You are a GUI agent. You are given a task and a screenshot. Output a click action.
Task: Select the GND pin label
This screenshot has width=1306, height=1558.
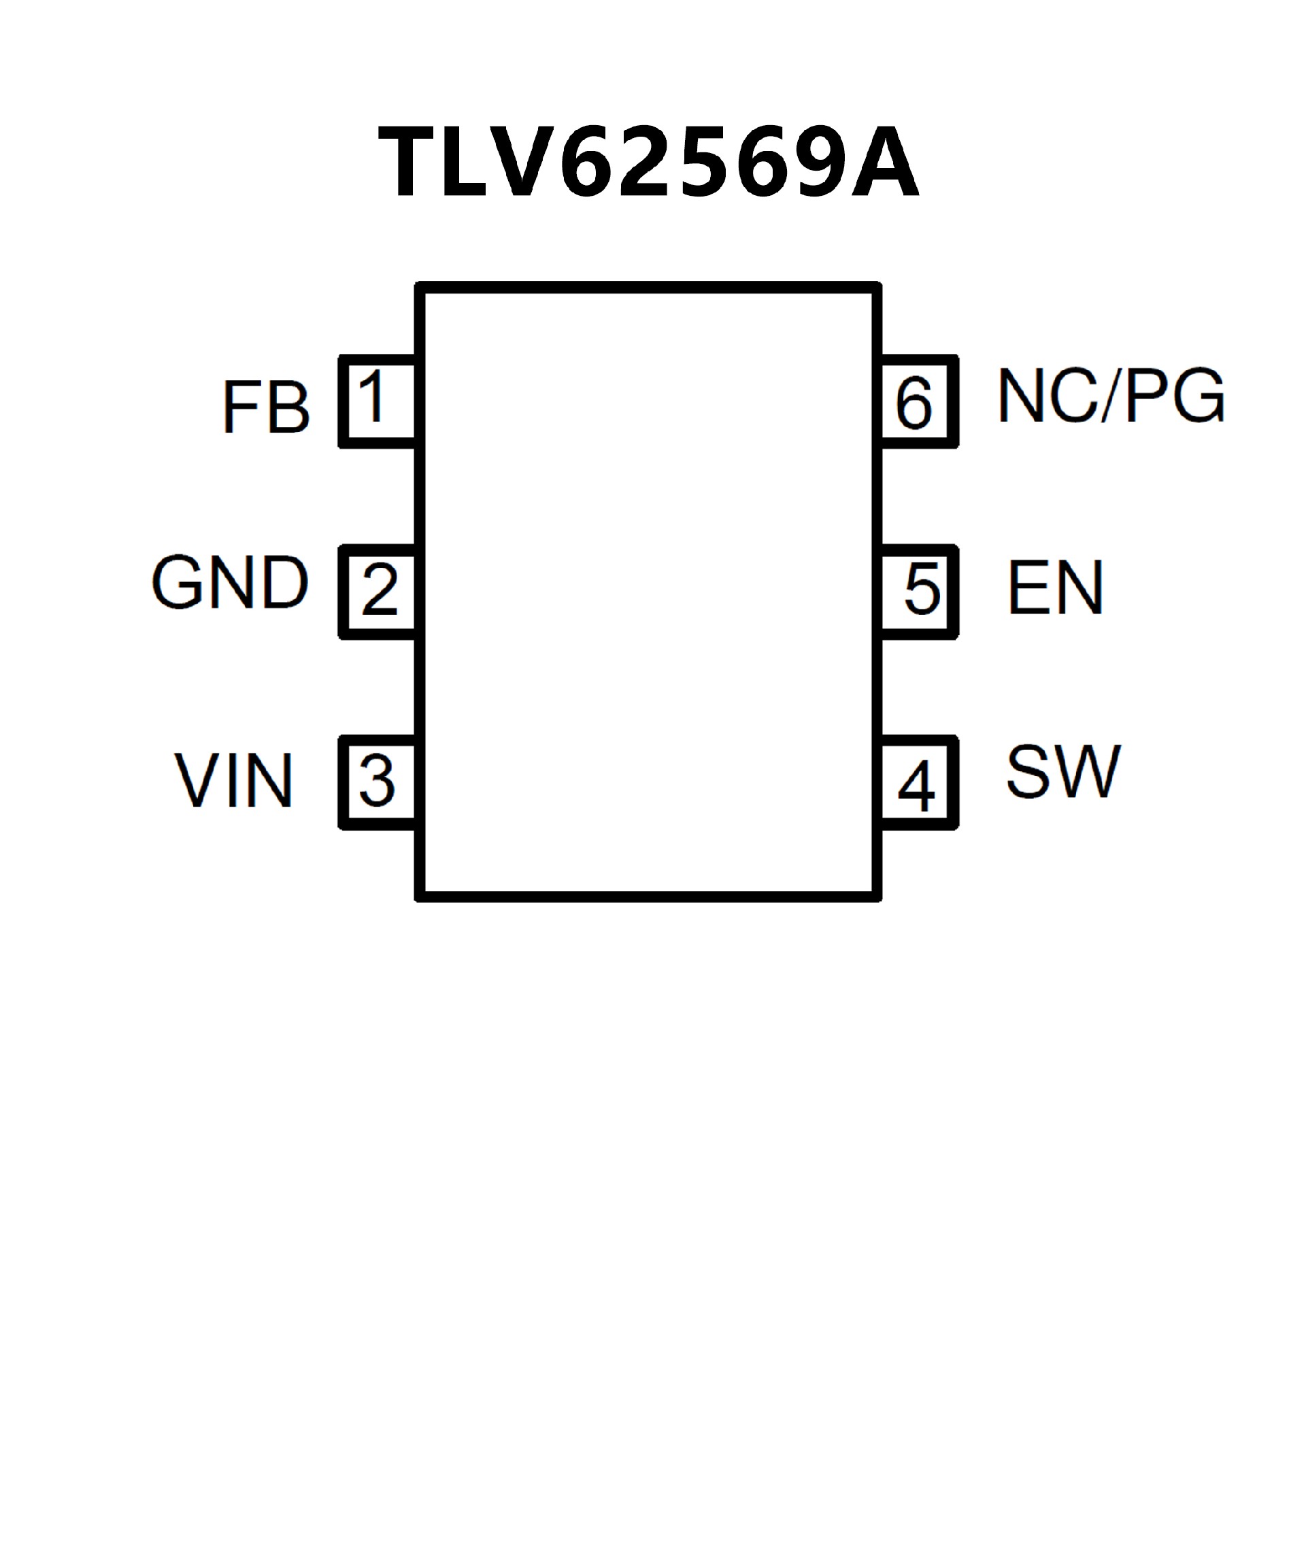(229, 582)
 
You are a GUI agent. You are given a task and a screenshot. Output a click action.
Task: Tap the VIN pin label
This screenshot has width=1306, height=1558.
(234, 780)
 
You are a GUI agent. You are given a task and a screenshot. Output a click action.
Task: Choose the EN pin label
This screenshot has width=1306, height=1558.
(1055, 588)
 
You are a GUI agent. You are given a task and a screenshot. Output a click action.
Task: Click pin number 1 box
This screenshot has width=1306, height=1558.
(377, 401)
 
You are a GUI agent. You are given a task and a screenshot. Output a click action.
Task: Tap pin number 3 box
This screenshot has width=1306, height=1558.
(377, 782)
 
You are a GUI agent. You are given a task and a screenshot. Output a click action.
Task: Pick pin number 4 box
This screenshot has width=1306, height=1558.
(918, 783)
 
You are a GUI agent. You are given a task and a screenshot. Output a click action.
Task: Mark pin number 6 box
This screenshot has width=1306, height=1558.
(918, 402)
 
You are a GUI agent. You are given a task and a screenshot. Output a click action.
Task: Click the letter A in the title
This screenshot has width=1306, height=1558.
(884, 163)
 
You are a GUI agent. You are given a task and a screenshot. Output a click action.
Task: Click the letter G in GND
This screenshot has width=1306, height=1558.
(178, 582)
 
